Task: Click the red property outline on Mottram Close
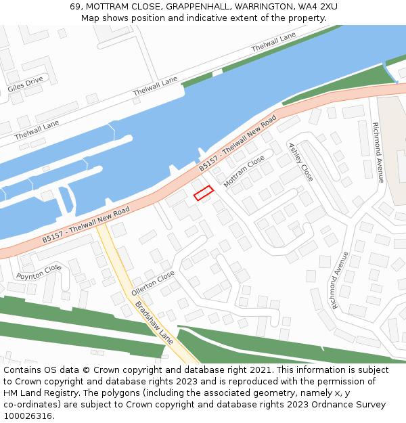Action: [204, 193]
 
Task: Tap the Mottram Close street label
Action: [244, 172]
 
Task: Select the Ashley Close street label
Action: [301, 162]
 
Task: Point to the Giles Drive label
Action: [25, 84]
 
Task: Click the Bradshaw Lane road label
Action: [154, 323]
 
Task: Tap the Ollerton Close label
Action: [153, 283]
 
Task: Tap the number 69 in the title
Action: [75, 7]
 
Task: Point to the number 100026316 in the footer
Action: [26, 416]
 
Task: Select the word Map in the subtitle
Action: [90, 18]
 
